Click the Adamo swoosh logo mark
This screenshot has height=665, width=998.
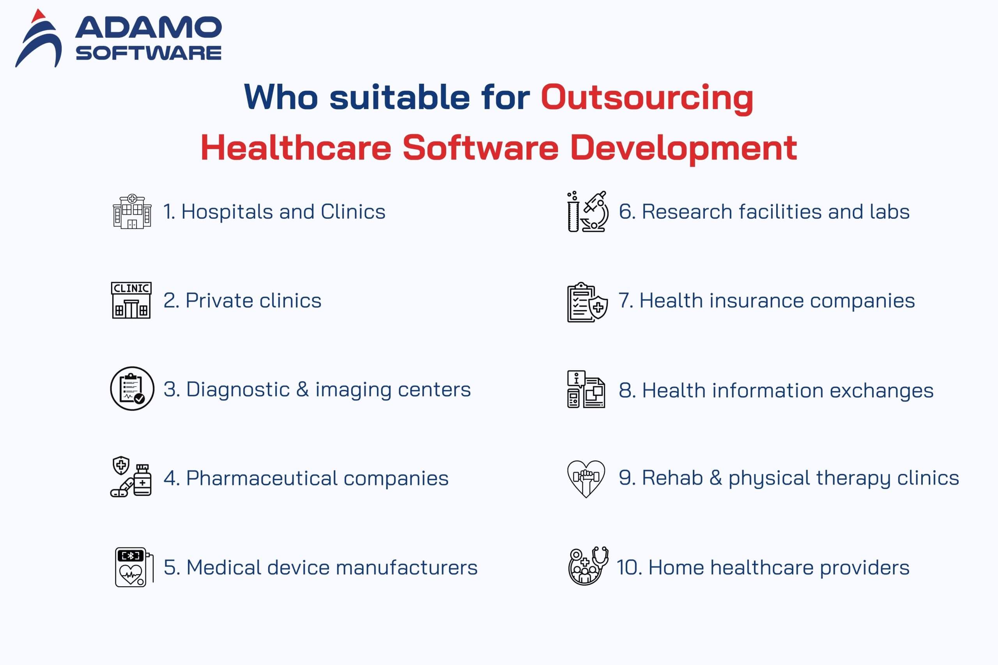coord(39,40)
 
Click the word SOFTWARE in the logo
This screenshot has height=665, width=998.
coord(149,53)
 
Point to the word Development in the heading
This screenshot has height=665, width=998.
coord(684,149)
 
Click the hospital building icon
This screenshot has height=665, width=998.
coord(132,211)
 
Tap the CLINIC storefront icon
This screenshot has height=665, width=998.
coord(131,300)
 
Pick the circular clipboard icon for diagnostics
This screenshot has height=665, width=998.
coord(132,389)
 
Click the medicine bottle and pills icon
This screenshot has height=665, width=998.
coord(131,477)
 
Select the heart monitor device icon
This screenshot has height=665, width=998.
coord(134,567)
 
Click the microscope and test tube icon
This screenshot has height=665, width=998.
coord(588,211)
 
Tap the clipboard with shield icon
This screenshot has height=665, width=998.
coord(587,302)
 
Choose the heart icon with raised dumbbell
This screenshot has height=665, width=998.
coord(586,478)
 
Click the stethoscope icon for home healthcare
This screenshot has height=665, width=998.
coord(588,566)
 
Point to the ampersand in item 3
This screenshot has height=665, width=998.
coord(303,389)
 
